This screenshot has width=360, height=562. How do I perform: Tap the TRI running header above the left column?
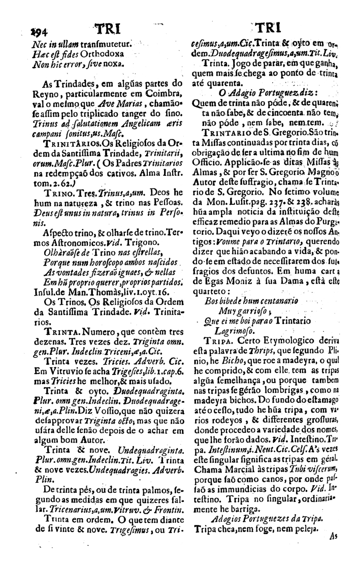(106, 30)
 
